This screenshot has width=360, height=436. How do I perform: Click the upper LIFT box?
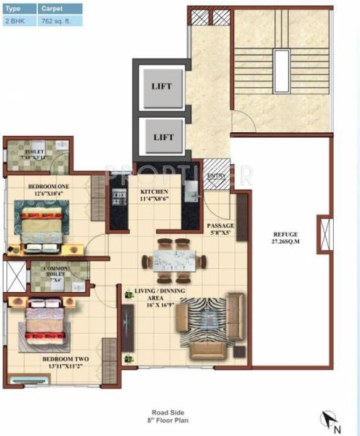point(162,86)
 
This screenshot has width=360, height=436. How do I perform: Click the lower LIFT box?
point(162,136)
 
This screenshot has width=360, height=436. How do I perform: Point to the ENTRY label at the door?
point(215,177)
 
